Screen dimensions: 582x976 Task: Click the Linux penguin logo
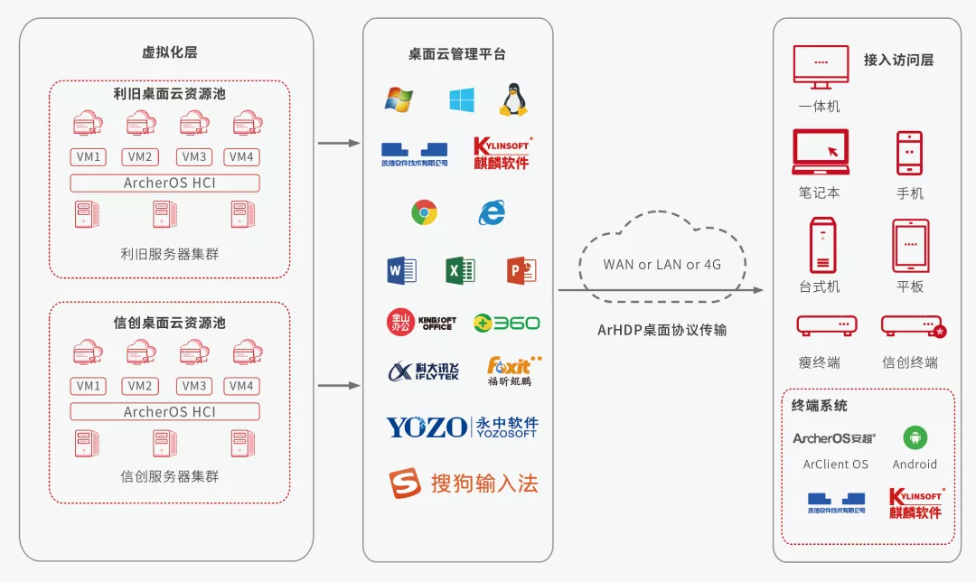tap(513, 99)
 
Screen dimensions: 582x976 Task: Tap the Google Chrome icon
tap(424, 212)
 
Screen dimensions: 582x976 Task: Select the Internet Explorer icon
tap(492, 212)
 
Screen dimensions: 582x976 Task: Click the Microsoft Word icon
tap(401, 269)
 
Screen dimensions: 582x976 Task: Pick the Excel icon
tap(460, 269)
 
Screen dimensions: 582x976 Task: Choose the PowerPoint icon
tap(521, 269)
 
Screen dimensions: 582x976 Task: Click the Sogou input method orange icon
tap(406, 483)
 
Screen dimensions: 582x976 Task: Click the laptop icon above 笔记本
tap(821, 152)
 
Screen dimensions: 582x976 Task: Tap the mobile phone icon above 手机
tap(909, 153)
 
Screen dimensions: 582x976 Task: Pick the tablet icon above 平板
tap(910, 245)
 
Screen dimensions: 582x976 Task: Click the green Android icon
tap(915, 438)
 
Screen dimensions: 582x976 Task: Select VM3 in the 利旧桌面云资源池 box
tap(194, 157)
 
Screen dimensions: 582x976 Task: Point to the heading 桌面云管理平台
tap(457, 54)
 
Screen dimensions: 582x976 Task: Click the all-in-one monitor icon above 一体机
tap(821, 69)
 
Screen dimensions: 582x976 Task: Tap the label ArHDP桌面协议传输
tap(662, 330)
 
